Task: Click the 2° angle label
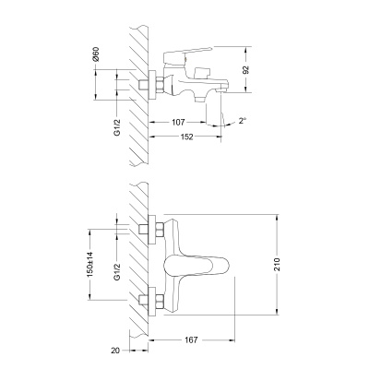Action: [243, 120]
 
